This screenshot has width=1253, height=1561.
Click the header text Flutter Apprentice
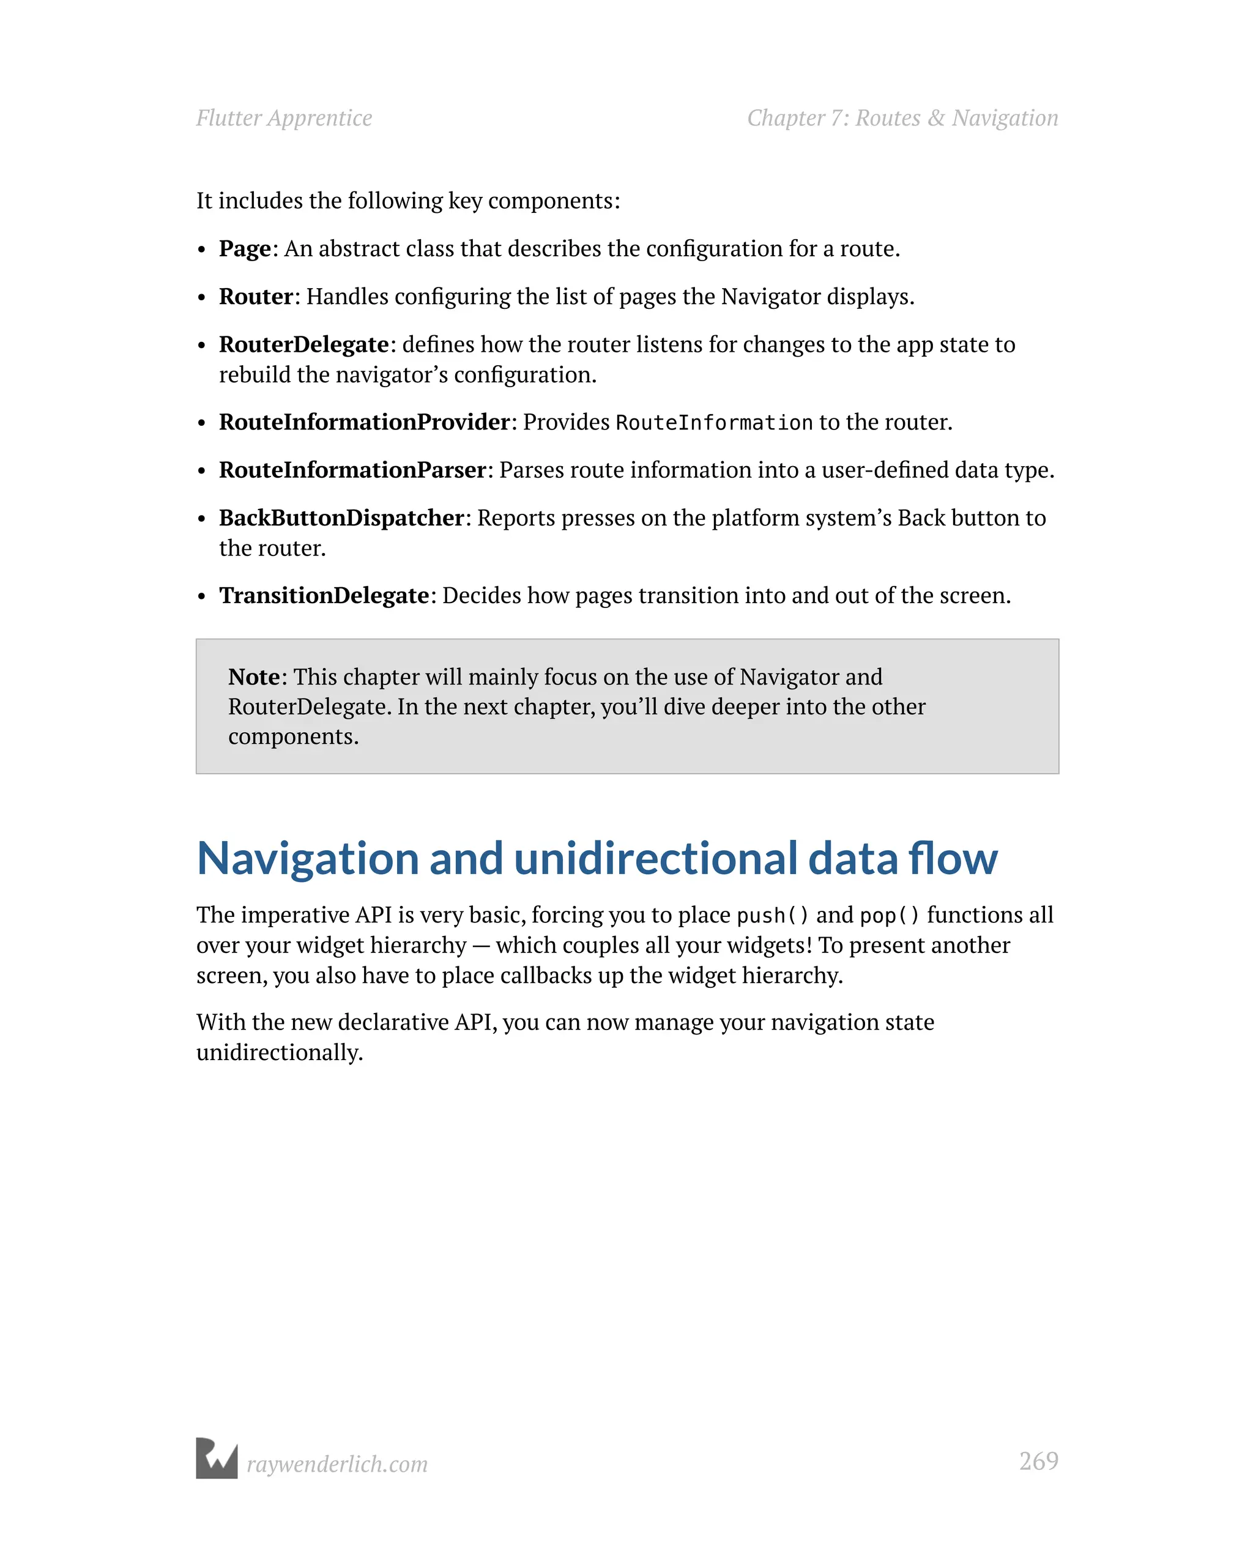284,118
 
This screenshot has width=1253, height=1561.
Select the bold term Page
245,249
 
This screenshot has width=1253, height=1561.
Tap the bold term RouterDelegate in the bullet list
304,344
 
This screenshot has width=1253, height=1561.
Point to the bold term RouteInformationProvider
364,422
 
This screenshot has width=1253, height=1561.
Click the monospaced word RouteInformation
714,423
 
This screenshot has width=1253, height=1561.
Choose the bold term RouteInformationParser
352,470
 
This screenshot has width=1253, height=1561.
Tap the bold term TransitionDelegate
324,596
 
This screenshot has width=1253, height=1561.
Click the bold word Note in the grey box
253,677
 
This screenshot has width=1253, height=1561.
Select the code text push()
772,916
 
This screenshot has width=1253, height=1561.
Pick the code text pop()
890,916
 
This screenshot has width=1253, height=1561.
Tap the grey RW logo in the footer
217,1458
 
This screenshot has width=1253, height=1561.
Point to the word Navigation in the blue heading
308,859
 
